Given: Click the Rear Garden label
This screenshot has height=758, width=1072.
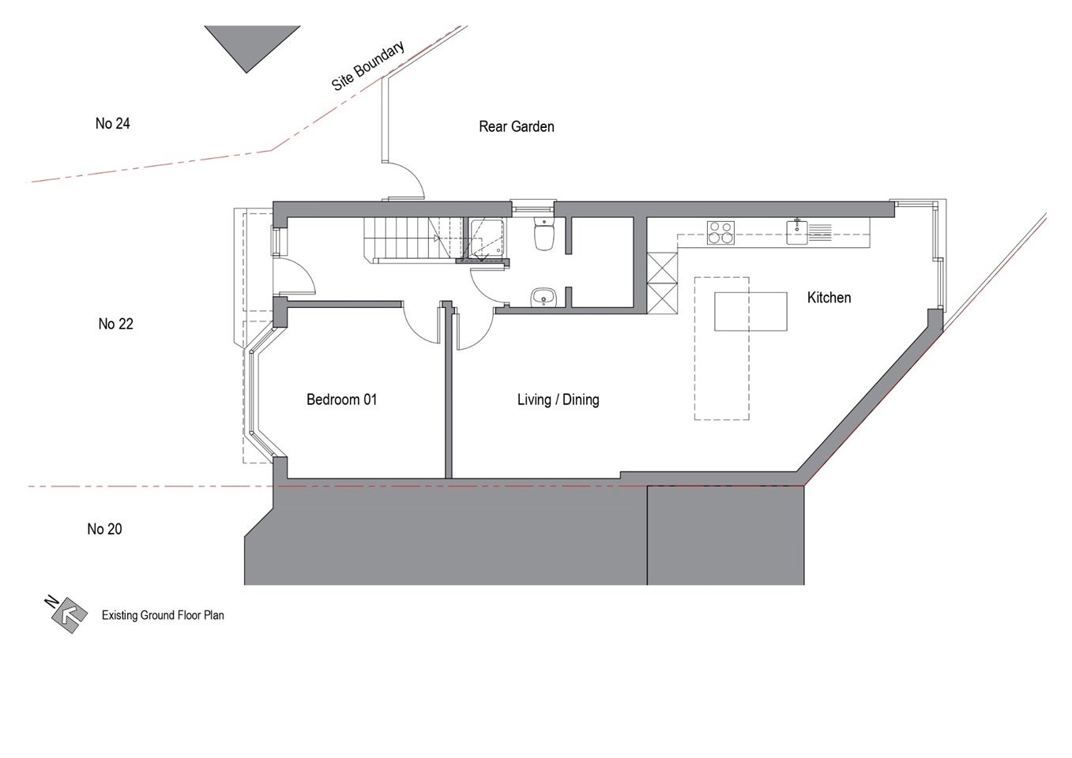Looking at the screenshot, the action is [x=517, y=127].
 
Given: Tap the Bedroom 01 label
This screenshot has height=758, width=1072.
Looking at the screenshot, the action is [x=342, y=400].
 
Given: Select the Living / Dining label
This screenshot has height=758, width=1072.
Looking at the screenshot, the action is [x=558, y=400].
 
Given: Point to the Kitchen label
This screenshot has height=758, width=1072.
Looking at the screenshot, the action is [x=829, y=298].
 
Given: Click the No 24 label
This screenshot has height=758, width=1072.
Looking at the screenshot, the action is [x=112, y=123].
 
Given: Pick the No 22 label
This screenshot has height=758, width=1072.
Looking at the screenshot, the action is [x=115, y=324].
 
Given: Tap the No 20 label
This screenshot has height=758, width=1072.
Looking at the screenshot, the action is [x=104, y=529].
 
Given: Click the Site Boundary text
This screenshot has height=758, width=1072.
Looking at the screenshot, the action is [x=368, y=66].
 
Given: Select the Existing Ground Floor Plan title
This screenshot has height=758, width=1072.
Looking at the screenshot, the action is [x=163, y=615].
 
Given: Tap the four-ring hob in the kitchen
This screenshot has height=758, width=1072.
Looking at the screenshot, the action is [x=720, y=233].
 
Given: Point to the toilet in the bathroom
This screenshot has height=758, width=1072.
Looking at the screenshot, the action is [x=544, y=235].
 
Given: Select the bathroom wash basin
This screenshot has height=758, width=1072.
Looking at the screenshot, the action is [x=544, y=298].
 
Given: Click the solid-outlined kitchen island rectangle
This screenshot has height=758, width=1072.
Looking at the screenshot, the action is [x=750, y=311].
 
